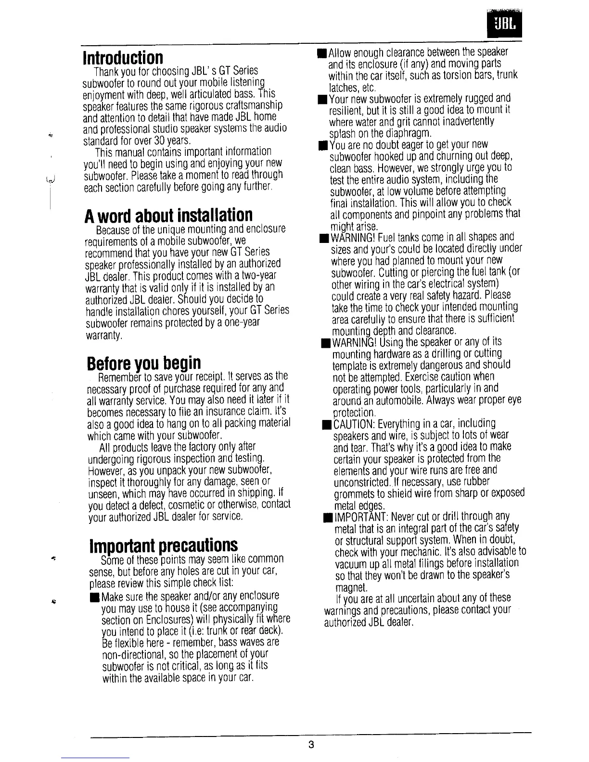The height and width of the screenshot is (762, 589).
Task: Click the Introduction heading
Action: pyautogui.click(x=123, y=58)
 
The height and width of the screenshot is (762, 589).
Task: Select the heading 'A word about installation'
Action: pyautogui.click(x=168, y=216)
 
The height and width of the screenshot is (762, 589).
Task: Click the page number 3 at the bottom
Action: pyautogui.click(x=311, y=745)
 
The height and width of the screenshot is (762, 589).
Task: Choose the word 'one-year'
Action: pyautogui.click(x=241, y=322)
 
